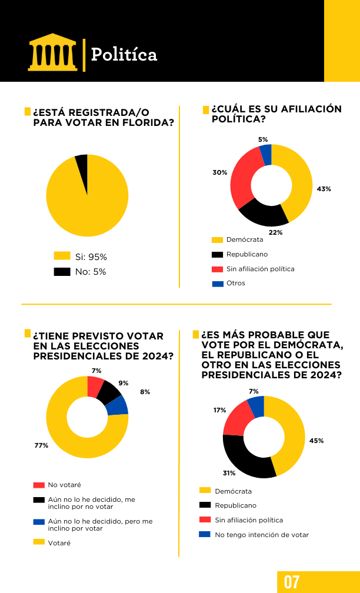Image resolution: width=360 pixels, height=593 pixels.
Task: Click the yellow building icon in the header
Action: (x=52, y=52)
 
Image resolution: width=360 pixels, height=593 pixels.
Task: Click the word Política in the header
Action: (x=124, y=55)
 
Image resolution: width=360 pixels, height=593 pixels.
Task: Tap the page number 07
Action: (x=292, y=581)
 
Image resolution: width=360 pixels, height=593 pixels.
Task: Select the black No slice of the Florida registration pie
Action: (x=82, y=166)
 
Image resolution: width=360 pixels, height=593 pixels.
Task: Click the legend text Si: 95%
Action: (x=91, y=257)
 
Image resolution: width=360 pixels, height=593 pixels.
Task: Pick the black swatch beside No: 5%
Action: (x=62, y=272)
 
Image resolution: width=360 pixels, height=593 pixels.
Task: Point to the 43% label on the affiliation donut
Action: (x=324, y=189)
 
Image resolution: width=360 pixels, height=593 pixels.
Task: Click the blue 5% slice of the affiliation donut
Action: (x=266, y=155)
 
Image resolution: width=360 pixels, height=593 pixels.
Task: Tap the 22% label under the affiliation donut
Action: (x=275, y=232)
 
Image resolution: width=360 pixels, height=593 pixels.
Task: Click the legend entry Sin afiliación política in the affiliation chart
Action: (x=260, y=269)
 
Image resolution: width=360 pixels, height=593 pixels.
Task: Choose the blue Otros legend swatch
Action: (x=218, y=284)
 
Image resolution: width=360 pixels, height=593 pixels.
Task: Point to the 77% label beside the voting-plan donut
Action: (x=41, y=445)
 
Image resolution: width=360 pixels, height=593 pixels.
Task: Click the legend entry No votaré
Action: (x=64, y=485)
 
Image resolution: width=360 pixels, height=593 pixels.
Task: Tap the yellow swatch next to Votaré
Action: (x=39, y=542)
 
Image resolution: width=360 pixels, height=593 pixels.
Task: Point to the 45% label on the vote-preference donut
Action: (x=316, y=441)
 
